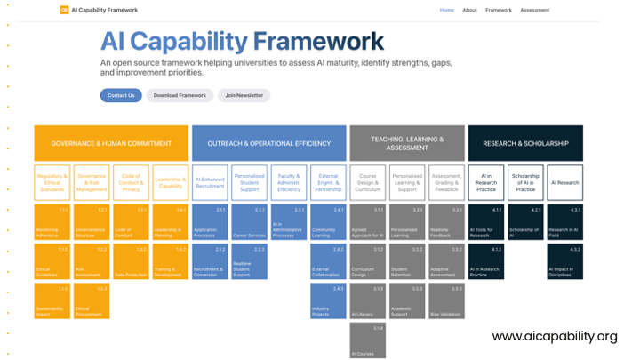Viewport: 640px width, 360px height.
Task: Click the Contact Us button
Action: [x=121, y=95]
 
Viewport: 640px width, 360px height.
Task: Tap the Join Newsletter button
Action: [x=244, y=95]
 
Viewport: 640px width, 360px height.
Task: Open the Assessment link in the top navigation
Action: [x=534, y=10]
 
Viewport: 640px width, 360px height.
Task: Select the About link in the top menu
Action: [x=469, y=10]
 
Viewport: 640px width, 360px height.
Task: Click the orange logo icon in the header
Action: [x=64, y=10]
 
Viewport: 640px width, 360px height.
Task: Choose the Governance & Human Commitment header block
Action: [x=111, y=143]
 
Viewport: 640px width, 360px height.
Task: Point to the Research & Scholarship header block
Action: [x=525, y=143]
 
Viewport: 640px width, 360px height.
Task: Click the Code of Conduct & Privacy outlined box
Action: [x=131, y=182]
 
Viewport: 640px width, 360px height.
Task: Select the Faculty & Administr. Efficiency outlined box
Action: [x=289, y=182]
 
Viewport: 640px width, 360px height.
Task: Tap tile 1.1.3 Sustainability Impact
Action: [x=52, y=301]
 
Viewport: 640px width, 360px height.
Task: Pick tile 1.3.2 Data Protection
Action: [x=131, y=262]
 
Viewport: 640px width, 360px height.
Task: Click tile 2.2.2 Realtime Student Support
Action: [x=250, y=262]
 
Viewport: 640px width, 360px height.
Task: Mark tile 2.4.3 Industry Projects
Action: [x=328, y=301]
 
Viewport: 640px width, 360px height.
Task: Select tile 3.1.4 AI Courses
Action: [x=367, y=340]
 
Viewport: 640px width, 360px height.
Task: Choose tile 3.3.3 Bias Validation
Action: [x=446, y=301]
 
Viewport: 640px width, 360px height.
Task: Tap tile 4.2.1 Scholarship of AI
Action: [x=525, y=222]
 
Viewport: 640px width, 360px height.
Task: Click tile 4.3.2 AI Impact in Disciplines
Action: [x=565, y=262]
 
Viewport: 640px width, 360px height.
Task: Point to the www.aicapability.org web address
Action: [x=554, y=336]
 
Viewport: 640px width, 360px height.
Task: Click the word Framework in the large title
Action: [x=318, y=41]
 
